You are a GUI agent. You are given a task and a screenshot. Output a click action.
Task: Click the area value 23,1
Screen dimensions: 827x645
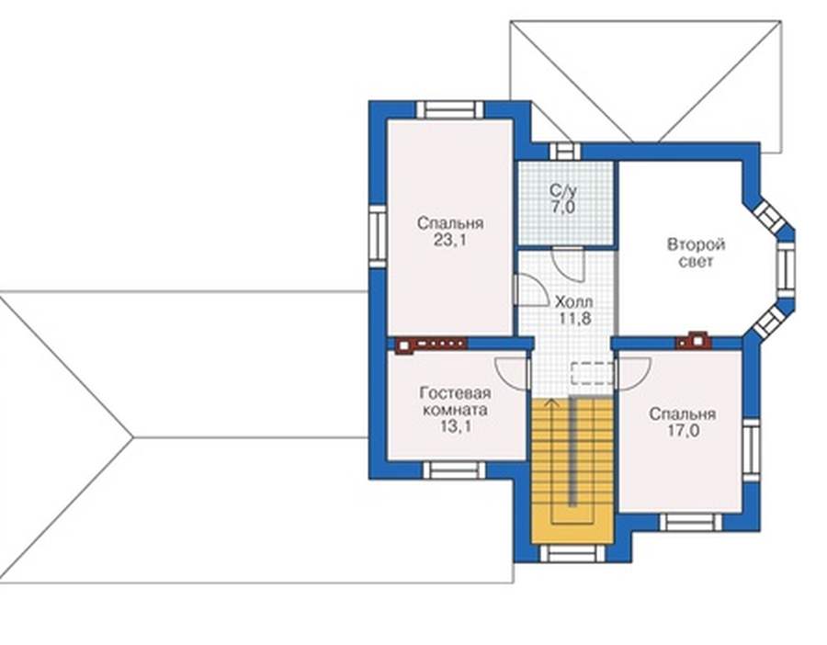449,241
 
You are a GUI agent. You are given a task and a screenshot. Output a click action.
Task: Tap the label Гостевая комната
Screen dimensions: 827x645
455,402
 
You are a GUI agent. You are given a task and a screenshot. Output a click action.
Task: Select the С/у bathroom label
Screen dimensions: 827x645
562,189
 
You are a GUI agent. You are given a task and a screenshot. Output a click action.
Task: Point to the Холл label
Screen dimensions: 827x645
573,302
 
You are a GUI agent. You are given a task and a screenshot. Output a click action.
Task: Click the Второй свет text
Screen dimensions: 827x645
697,254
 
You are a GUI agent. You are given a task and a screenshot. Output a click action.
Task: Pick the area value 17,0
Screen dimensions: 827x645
683,431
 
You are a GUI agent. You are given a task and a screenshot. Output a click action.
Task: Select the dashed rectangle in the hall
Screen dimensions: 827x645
593,373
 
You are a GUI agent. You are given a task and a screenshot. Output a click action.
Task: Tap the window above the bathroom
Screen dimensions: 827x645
565,152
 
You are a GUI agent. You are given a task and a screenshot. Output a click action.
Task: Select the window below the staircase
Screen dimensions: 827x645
572,554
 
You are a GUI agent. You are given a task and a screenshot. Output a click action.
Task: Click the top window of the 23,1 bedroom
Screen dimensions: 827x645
450,109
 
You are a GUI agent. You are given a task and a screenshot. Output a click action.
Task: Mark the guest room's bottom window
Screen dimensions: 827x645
454,470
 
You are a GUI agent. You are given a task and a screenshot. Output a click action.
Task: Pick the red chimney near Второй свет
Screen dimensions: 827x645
694,340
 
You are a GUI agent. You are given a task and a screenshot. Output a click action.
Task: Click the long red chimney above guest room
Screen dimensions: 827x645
430,345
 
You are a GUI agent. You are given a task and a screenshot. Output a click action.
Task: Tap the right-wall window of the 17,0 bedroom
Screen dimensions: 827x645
751,451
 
